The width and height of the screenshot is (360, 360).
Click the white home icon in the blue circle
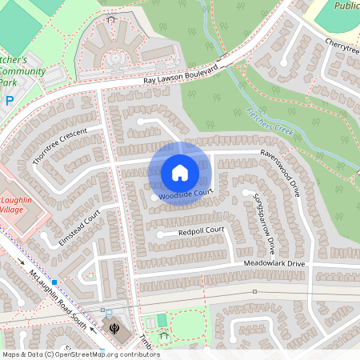180,173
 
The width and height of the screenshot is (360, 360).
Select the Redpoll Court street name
201,231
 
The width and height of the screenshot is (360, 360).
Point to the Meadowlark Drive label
275,263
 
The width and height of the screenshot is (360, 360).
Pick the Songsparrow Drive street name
265,218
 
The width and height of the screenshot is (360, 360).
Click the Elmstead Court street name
80,228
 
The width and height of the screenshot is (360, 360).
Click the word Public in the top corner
346,6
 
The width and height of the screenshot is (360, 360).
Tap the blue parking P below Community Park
10,101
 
